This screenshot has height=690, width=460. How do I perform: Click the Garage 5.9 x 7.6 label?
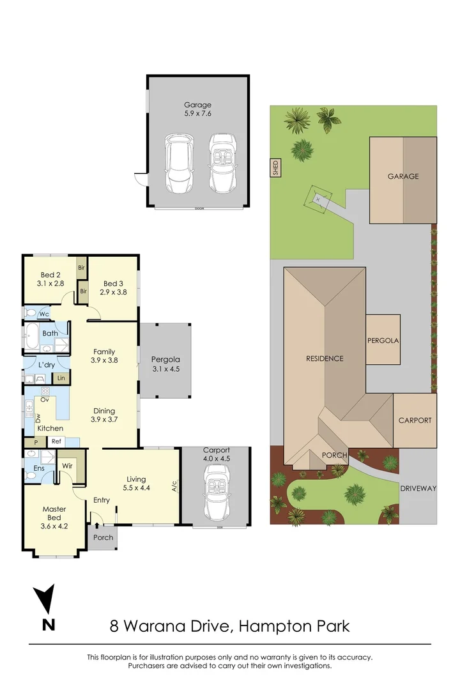[197, 109]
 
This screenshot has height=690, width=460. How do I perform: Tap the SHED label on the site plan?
[276, 168]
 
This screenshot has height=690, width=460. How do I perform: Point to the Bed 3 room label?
[113, 287]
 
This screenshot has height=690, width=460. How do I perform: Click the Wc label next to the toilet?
[45, 314]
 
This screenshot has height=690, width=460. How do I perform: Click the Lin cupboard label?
[61, 378]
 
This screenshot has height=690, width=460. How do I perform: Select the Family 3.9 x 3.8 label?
[104, 356]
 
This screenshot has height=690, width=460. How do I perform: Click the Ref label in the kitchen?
[56, 441]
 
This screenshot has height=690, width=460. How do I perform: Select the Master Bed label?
[54, 514]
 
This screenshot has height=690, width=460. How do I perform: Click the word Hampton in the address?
[274, 625]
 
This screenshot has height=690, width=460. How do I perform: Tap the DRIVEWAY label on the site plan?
[418, 488]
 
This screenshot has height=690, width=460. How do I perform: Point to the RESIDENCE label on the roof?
[324, 358]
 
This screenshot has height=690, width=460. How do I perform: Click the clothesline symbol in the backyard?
[318, 199]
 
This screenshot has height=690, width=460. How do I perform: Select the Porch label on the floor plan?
[103, 537]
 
